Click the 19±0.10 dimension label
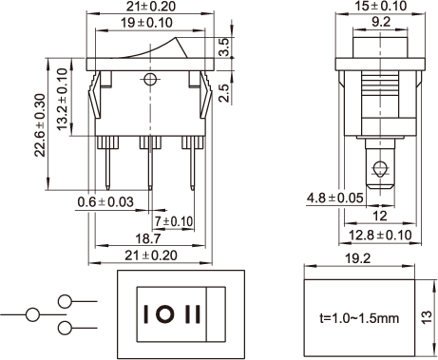[x=146, y=23]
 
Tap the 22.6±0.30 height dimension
[x=41, y=125]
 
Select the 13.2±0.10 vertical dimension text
[x=63, y=99]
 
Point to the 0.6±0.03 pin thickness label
[x=105, y=202]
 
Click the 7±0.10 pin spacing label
[x=174, y=221]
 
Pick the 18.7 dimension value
[x=148, y=238]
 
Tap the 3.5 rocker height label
[x=224, y=47]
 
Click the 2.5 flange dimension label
[x=224, y=92]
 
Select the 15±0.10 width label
[x=380, y=6]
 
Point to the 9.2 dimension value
[x=381, y=22]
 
